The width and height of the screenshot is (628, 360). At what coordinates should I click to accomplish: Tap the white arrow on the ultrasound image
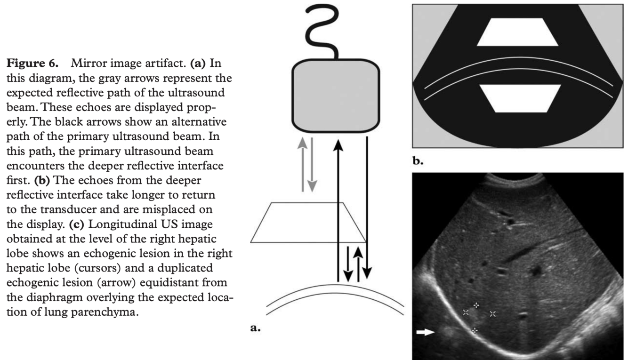pos(426,332)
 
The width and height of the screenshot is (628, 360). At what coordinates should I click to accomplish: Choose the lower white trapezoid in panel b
pos(520,99)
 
